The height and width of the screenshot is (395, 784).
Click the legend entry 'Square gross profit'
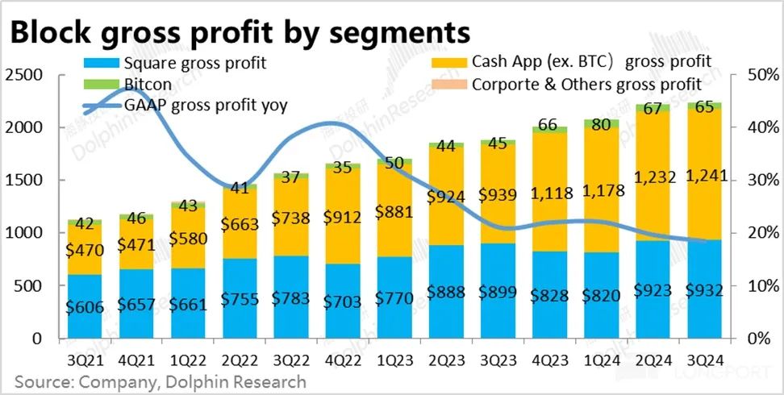click(194, 62)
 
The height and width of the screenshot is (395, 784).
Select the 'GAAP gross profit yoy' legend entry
click(206, 104)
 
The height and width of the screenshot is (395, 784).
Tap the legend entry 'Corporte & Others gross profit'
click(586, 83)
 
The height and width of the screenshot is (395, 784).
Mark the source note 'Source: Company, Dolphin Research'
click(155, 380)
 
